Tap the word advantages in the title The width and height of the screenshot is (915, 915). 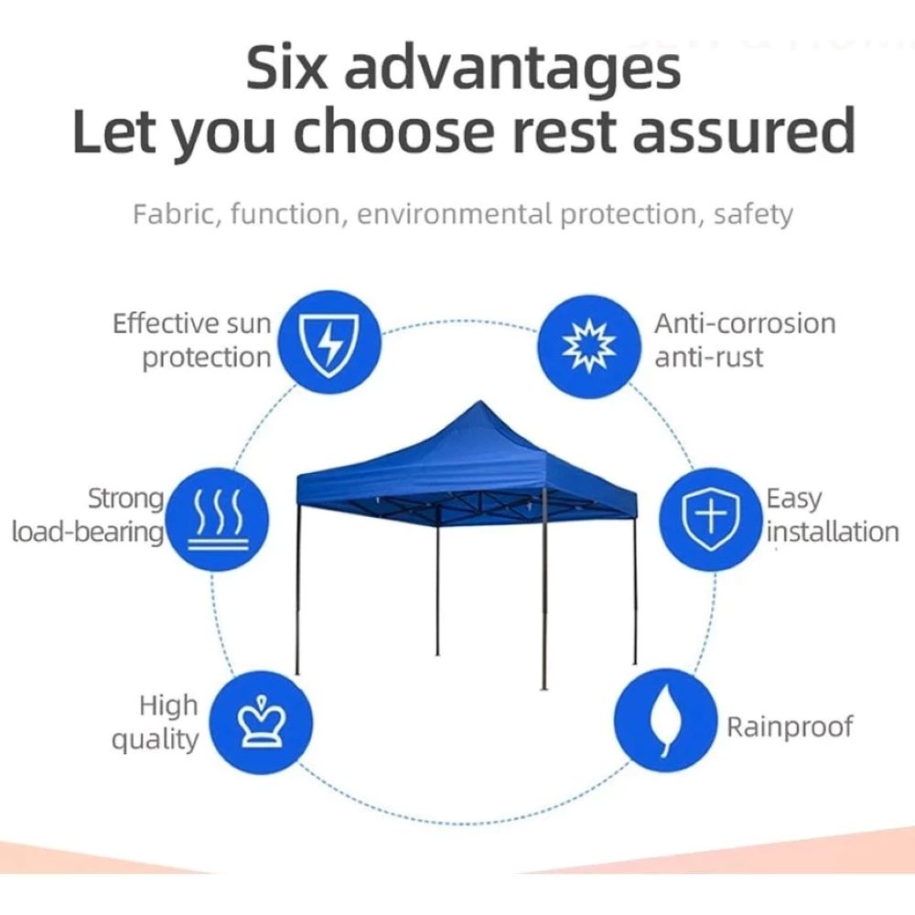point(512,72)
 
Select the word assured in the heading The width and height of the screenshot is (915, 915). point(744,130)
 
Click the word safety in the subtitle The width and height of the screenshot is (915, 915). point(753,215)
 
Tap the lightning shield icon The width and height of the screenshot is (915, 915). point(329,342)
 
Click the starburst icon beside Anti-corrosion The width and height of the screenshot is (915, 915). point(588,347)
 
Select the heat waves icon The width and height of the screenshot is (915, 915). point(217,519)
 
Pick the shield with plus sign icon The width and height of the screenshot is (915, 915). point(711,519)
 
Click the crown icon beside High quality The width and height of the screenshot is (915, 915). point(262,723)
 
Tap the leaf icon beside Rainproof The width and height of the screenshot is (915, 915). point(666,721)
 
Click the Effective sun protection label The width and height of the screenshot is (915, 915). point(192,341)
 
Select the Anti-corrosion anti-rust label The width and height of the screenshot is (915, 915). point(745,340)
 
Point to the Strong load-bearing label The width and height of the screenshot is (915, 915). point(88,516)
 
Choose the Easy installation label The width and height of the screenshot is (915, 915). point(832,516)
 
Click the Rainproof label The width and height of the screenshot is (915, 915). point(790,727)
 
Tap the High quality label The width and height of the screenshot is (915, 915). point(155,723)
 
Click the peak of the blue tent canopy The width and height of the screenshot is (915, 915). point(479,402)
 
